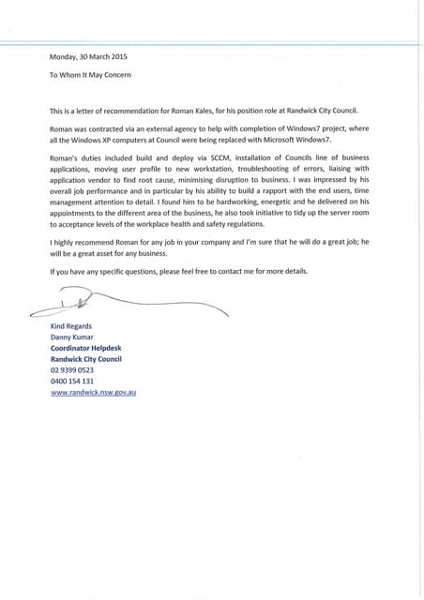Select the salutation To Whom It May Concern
(x=90, y=74)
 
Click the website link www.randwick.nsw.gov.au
(x=93, y=392)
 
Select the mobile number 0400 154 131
(x=71, y=381)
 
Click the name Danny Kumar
(x=70, y=337)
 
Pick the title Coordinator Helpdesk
(x=84, y=348)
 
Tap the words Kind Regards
(x=70, y=325)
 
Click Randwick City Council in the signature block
(x=85, y=359)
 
